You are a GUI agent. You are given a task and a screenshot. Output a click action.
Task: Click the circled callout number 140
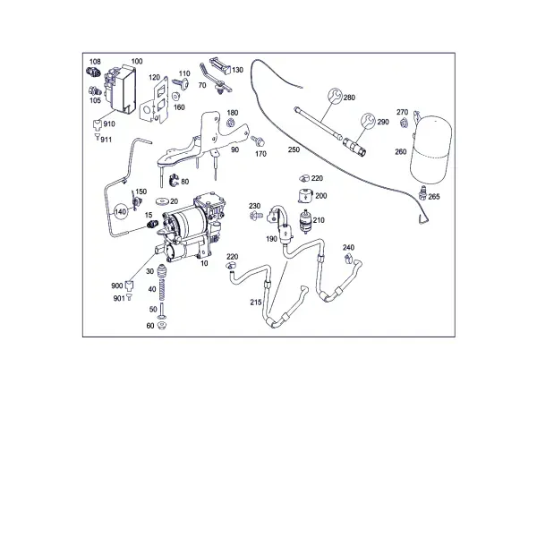coord(120,212)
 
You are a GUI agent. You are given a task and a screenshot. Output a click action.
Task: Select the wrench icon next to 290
coord(368,121)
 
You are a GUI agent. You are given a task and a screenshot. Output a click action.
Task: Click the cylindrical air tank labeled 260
coord(430,149)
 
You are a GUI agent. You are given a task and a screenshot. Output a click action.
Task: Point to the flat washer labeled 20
coord(162,200)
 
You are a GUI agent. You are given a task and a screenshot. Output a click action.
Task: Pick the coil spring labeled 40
coord(162,289)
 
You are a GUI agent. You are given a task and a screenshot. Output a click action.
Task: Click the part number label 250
coord(294,149)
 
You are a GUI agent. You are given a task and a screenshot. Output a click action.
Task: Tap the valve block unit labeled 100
coord(120,89)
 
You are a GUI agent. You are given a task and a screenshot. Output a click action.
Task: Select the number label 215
coord(256,303)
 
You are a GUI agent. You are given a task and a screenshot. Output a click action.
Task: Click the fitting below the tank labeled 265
coord(423,192)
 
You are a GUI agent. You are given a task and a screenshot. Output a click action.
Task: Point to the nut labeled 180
coord(231,122)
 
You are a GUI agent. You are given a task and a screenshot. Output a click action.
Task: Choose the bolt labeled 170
coord(257,140)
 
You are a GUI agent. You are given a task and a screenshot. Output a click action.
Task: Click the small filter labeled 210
coord(305,221)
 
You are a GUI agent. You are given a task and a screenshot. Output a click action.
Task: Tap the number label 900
coord(116,286)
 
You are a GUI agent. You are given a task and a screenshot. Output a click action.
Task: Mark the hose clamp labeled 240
coord(349,259)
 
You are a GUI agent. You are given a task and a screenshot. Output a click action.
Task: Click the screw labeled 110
coord(182,83)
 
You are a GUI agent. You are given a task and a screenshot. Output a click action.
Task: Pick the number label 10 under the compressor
coord(204,263)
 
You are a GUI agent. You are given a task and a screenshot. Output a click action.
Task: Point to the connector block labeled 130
coord(220,65)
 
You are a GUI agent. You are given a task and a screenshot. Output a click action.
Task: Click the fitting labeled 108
coord(92,72)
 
